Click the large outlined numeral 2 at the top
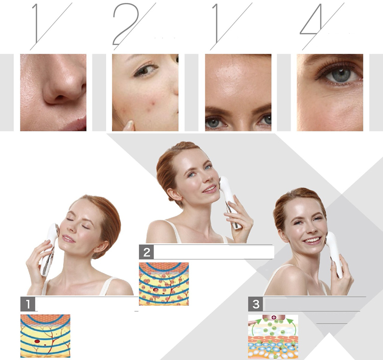(126, 25)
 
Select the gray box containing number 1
(28, 304)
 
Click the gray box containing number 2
(147, 252)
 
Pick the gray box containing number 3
(255, 304)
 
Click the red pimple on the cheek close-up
(154, 103)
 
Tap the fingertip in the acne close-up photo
(129, 125)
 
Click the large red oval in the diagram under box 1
(37, 342)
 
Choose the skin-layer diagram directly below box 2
(164, 284)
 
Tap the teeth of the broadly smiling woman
(312, 240)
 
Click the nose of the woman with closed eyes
(70, 228)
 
